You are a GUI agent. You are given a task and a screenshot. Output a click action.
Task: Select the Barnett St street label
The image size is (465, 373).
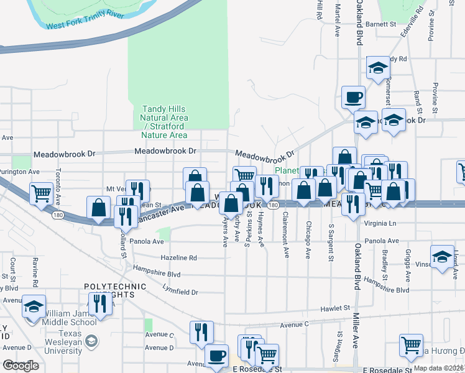381,24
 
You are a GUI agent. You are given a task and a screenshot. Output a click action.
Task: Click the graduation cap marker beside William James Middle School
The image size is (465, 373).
34,306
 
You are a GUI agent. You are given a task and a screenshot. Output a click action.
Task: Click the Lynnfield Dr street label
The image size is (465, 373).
180,292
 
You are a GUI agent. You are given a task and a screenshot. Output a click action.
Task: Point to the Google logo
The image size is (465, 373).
21,365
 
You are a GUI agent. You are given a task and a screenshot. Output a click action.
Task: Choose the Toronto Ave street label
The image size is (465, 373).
57,180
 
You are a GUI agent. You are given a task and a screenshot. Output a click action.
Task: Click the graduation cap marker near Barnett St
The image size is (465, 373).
377,68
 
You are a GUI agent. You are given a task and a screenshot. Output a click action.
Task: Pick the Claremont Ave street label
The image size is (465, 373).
286,236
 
